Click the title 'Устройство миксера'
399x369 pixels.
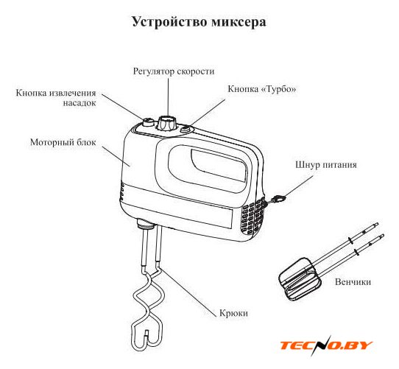tap(199, 21)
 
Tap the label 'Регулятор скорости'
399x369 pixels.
tap(174, 71)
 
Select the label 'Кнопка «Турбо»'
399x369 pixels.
tap(262, 89)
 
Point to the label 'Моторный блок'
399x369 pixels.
tap(63, 142)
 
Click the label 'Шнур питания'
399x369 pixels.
tap(326, 165)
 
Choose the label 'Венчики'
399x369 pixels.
tap(353, 282)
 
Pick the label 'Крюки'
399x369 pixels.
tap(233, 313)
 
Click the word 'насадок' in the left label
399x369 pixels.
tap(80, 103)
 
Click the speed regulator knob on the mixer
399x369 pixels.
tap(166, 123)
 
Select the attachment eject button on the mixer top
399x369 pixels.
tap(148, 122)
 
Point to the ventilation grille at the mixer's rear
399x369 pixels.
tap(253, 217)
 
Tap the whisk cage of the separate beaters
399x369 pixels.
tap(300, 279)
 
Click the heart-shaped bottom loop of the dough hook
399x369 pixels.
tap(146, 334)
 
